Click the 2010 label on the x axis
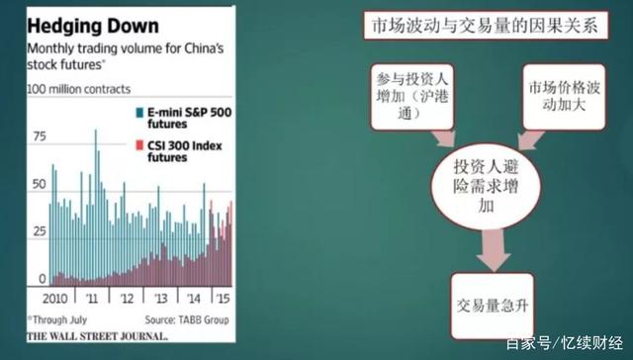[x=51, y=298]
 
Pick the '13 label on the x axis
[x=160, y=298]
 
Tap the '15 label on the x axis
[x=226, y=298]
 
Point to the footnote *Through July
[x=60, y=318]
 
